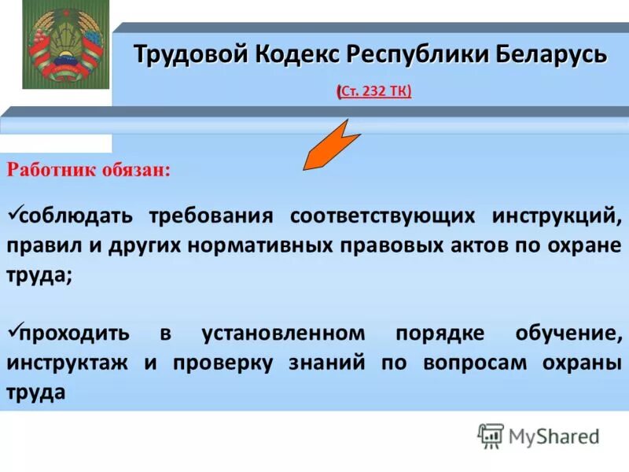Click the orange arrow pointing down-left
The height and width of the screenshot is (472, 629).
pyautogui.click(x=331, y=145)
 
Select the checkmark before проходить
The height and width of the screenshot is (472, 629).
pyautogui.click(x=12, y=331)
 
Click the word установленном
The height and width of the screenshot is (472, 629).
pyautogui.click(x=283, y=334)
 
